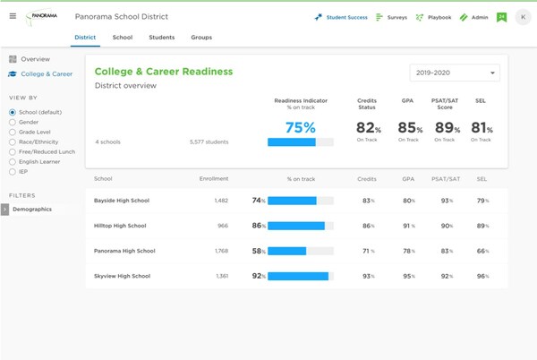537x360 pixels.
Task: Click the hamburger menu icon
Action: [x=13, y=17]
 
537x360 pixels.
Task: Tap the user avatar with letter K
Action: [x=522, y=17]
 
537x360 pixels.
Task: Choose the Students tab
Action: [x=162, y=38]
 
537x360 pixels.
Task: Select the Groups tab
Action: [x=201, y=38]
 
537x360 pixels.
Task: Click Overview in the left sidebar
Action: [x=35, y=59]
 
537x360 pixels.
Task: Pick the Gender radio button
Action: [x=12, y=122]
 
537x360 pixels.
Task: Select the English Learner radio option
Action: [x=12, y=161]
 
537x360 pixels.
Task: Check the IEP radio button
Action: [x=12, y=171]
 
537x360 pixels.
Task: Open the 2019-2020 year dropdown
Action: [x=454, y=73]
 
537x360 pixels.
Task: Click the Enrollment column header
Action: [x=214, y=179]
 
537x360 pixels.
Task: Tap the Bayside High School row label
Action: [x=121, y=201]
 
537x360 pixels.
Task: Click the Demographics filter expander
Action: [x=4, y=209]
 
